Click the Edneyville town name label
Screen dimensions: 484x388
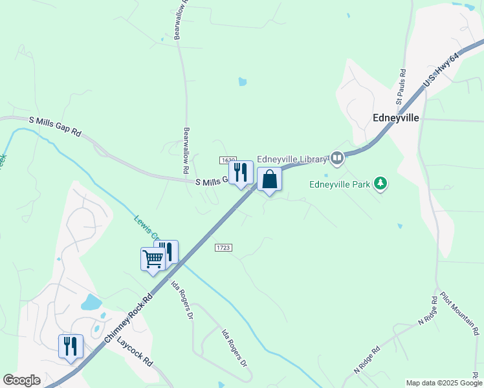tap(396, 118)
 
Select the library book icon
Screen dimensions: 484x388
tap(336, 158)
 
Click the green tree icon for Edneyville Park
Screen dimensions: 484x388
tap(381, 184)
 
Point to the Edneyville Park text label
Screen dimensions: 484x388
tap(340, 184)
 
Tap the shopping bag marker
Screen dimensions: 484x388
tap(269, 180)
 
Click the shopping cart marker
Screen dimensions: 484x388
tap(153, 259)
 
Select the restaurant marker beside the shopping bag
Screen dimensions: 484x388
tap(241, 173)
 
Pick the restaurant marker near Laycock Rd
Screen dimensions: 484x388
tap(71, 346)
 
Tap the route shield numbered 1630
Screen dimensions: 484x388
tap(227, 160)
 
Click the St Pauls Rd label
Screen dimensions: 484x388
tap(401, 87)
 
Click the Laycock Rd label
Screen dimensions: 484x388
tap(135, 352)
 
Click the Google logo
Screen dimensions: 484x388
tap(21, 380)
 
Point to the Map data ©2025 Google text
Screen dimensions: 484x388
tap(443, 383)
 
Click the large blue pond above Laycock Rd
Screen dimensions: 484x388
tap(91, 302)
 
